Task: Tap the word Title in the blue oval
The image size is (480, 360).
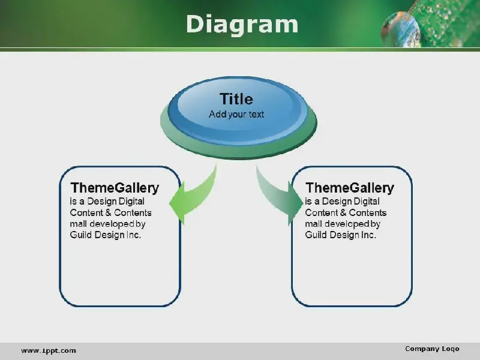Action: pos(236,99)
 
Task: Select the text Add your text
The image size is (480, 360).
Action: pos(236,115)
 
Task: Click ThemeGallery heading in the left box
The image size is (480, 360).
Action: pos(115,188)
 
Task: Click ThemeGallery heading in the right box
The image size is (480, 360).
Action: pos(350,188)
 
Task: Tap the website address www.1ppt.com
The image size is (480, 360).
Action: pos(49,350)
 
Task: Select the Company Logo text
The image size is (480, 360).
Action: pos(432,349)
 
